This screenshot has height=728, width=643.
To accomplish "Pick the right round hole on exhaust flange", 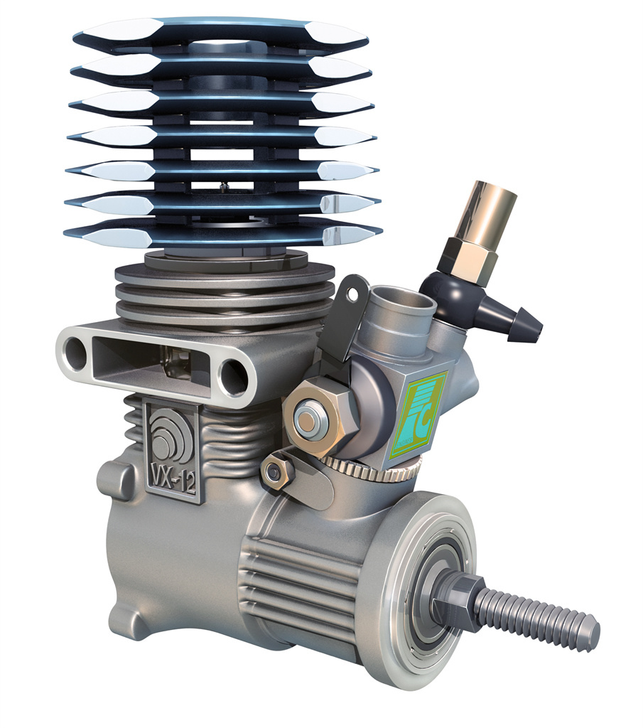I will point(232,375).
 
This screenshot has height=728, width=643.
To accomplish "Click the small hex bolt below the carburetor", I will point(274,470).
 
